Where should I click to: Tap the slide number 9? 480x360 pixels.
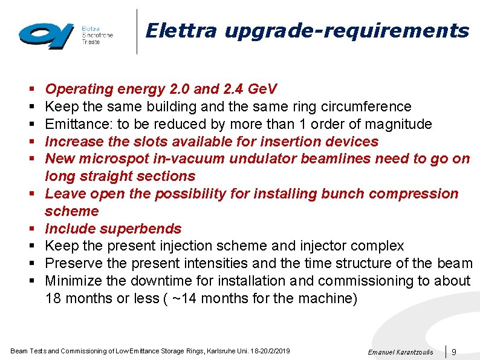(x=454, y=352)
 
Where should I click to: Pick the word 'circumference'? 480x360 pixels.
(x=371, y=107)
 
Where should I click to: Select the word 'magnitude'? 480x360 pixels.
(x=401, y=125)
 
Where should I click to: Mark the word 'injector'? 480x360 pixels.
(x=321, y=246)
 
